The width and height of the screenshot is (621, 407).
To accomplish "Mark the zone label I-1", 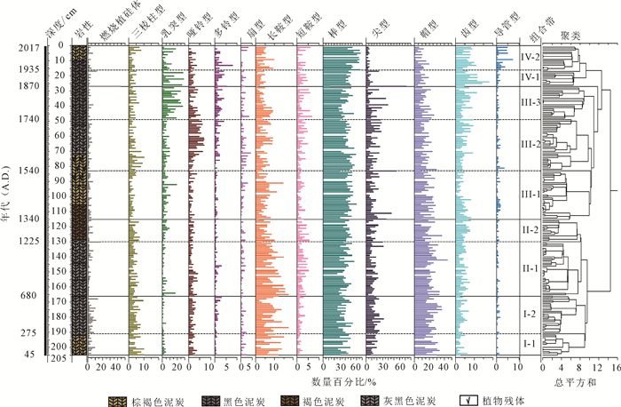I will click(x=529, y=343).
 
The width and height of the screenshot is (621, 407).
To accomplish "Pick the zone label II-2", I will click(x=530, y=229).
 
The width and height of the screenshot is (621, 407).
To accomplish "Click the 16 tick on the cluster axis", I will click(x=616, y=366).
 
